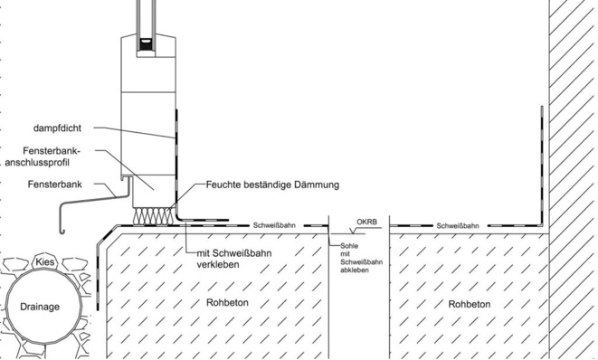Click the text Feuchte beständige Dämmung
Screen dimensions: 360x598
coord(271,185)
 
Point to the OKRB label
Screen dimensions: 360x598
coord(365,220)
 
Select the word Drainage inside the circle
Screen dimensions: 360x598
coord(42,307)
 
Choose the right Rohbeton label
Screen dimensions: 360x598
coord(470,304)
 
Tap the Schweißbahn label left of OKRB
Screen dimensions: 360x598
coord(271,225)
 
